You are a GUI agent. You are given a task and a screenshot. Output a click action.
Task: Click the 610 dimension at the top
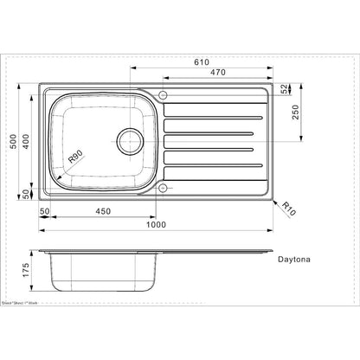click(201, 63)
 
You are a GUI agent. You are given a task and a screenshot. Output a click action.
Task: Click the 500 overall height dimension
click(12, 142)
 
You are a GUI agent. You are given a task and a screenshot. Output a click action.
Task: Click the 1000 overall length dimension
click(156, 225)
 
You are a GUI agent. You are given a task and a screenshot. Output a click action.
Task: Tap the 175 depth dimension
click(26, 272)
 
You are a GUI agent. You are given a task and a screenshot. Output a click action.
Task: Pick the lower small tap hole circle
click(162, 188)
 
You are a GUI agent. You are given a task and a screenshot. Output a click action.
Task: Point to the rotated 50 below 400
click(26, 194)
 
